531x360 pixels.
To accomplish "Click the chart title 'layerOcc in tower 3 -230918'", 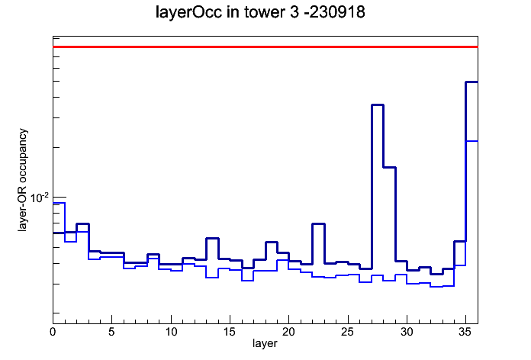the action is (x=260, y=12).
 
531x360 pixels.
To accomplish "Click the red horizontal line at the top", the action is (x=265, y=47).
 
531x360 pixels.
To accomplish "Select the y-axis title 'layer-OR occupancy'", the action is (x=22, y=180).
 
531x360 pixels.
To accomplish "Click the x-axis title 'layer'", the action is (x=265, y=343).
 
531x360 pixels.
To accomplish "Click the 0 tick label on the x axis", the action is (x=53, y=332).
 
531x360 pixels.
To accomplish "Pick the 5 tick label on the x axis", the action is (x=111, y=332).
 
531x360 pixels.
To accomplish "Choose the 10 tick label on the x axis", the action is (x=171, y=332).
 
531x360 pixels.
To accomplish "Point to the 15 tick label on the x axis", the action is (x=230, y=332).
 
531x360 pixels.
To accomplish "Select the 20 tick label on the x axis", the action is (x=288, y=332).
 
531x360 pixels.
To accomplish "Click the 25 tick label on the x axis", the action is (x=347, y=332).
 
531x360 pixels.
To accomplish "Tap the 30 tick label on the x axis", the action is (x=407, y=332).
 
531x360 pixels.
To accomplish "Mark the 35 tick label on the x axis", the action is (x=465, y=332).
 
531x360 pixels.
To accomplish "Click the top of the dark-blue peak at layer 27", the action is (x=378, y=105).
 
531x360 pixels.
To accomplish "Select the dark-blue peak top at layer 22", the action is (x=319, y=224).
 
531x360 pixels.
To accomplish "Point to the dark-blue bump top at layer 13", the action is (x=212, y=239).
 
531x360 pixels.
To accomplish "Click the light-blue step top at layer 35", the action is (x=471, y=141).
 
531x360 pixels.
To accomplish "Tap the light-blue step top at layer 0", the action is (x=59, y=203).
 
